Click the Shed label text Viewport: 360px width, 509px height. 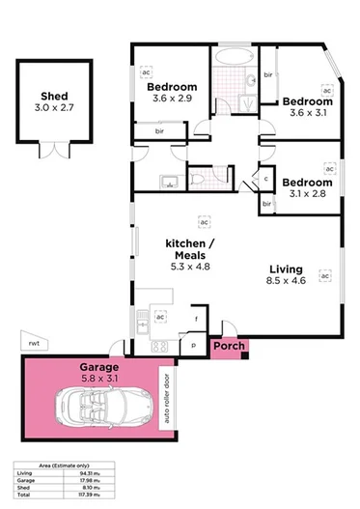[x=53, y=97]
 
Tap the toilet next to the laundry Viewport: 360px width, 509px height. [x=197, y=179]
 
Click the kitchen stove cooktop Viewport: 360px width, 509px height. [x=160, y=346]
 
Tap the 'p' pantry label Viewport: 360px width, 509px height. [x=192, y=343]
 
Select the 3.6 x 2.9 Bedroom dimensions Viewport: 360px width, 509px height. [x=172, y=99]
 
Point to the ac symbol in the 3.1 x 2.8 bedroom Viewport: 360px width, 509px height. [x=328, y=169]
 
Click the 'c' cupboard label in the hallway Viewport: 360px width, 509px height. [x=266, y=178]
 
